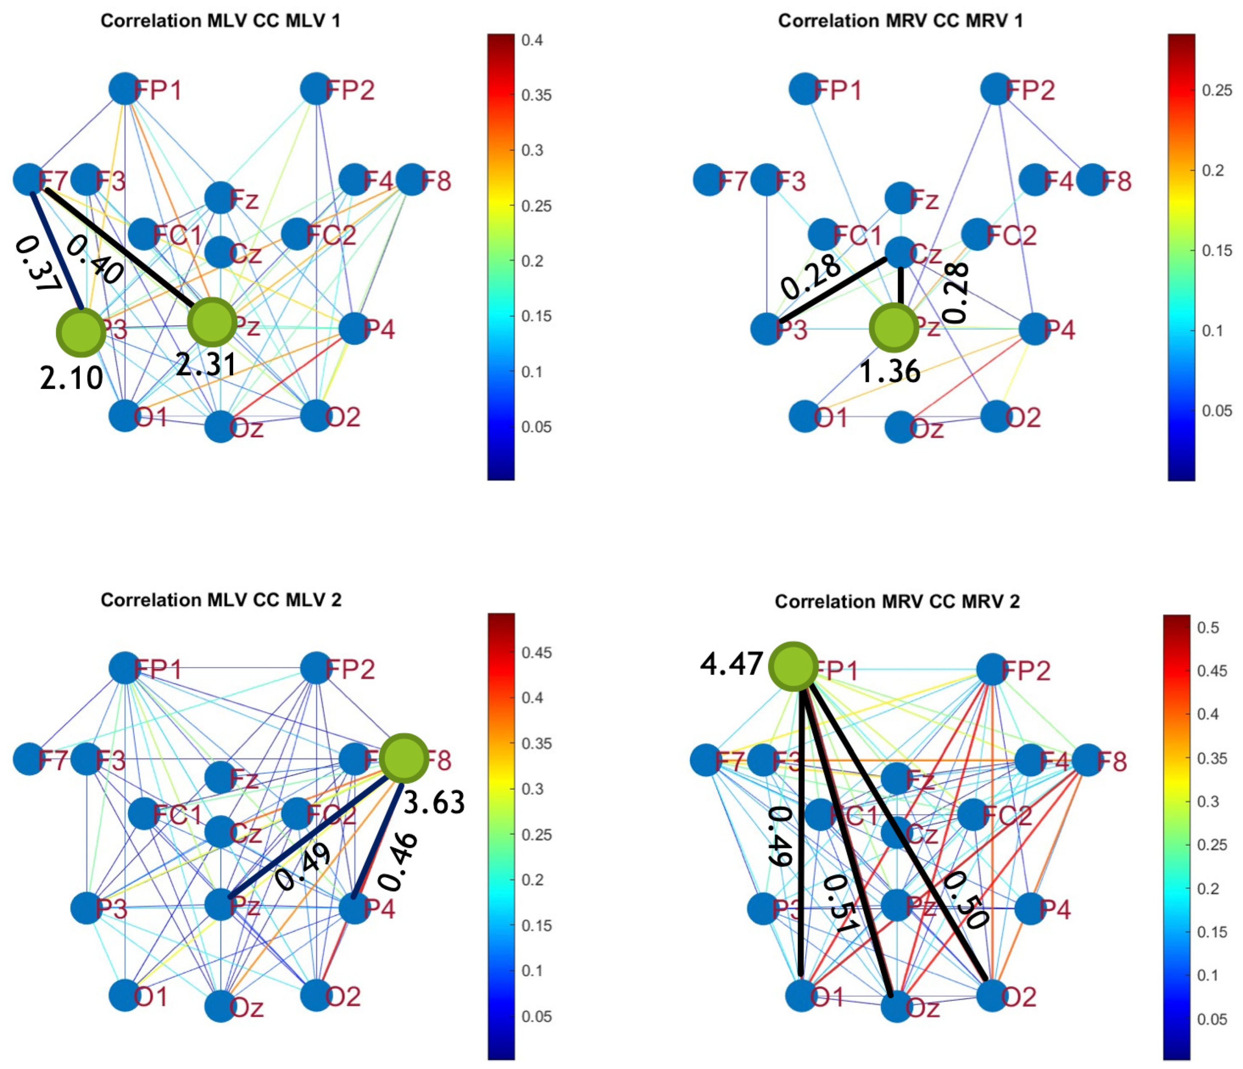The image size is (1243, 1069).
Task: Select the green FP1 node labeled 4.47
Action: click(x=793, y=666)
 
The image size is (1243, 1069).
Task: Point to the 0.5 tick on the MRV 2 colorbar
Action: click(x=1207, y=628)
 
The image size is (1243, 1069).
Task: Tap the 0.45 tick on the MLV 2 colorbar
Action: click(x=536, y=653)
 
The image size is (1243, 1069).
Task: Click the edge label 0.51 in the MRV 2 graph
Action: click(x=841, y=905)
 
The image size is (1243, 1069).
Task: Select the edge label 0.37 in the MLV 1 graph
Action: click(x=36, y=264)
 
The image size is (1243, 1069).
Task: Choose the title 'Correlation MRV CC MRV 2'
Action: click(x=897, y=601)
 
